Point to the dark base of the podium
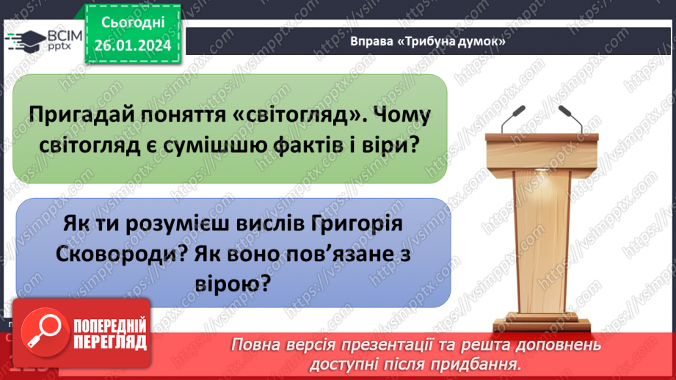pyautogui.click(x=539, y=325)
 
